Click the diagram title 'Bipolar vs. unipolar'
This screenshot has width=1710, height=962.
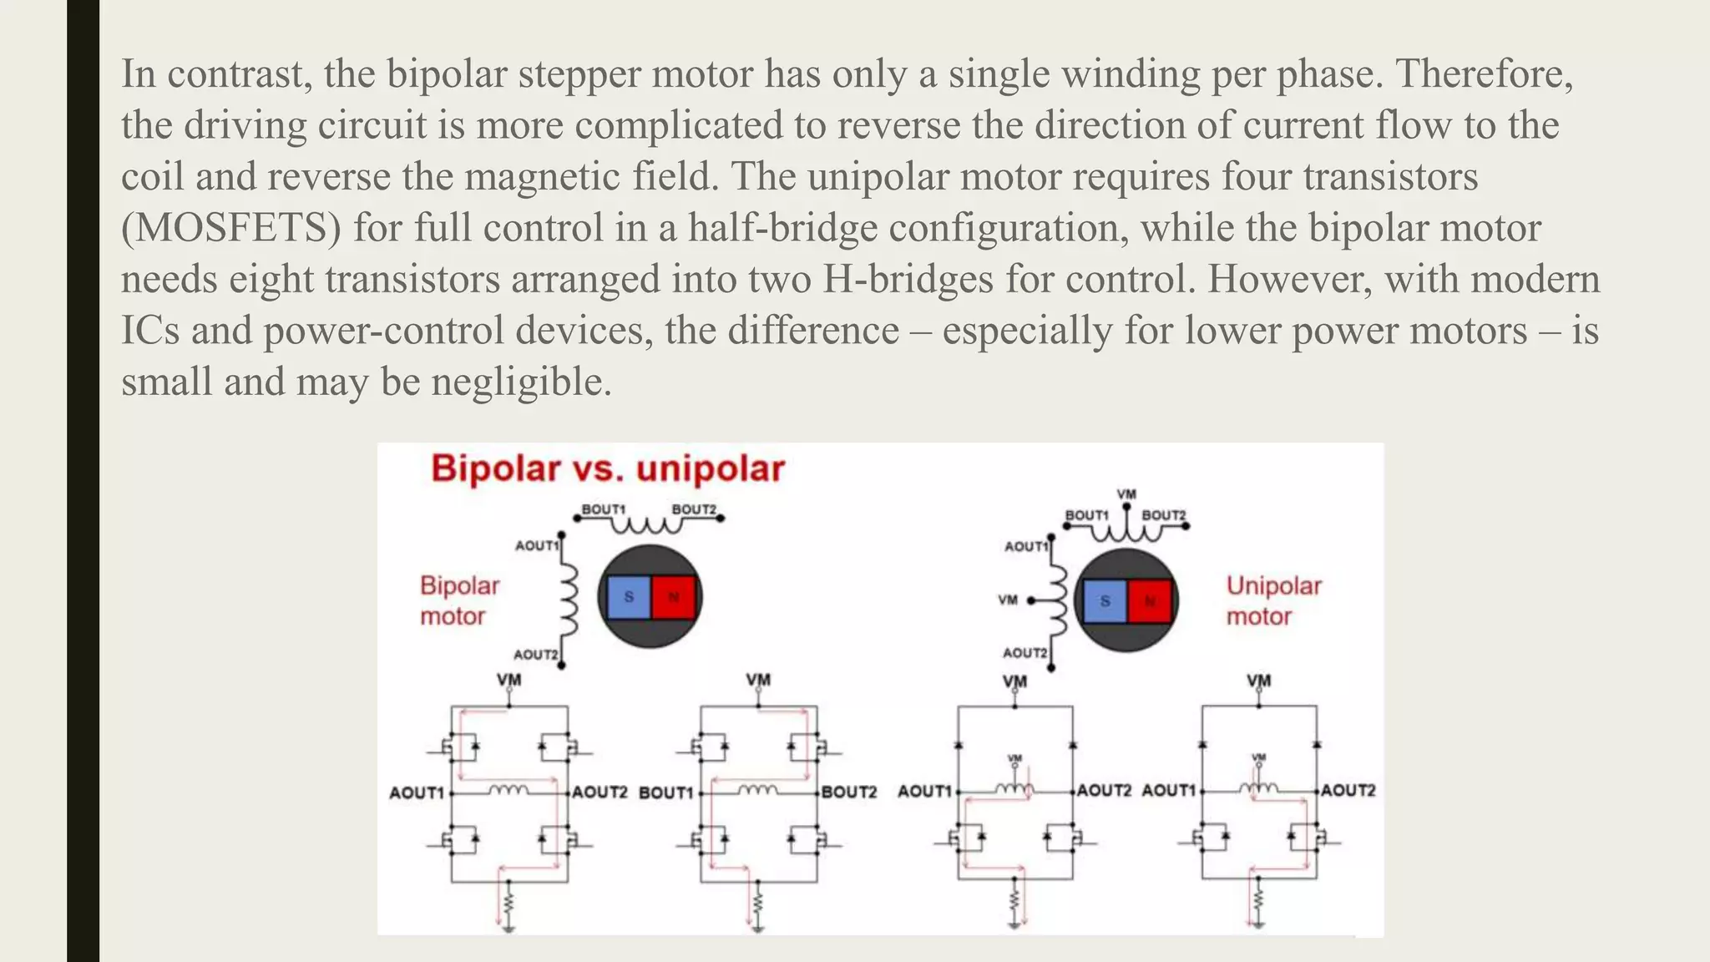(x=607, y=468)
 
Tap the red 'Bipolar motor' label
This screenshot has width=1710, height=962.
(x=458, y=600)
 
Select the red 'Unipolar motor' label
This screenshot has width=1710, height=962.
(x=1273, y=600)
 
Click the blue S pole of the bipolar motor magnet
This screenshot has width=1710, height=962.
(x=629, y=597)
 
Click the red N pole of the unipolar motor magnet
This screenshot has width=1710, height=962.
(x=1150, y=600)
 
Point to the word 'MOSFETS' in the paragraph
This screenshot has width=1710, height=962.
(x=231, y=228)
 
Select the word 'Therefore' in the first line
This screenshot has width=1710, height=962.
(x=1483, y=73)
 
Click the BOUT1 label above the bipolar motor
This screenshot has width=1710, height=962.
(x=603, y=509)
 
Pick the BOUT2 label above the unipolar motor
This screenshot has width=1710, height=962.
(x=1163, y=515)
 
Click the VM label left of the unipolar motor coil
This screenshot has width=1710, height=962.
(x=1008, y=600)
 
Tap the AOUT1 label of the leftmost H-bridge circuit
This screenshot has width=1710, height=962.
(x=416, y=792)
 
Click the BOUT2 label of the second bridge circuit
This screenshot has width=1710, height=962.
(x=849, y=792)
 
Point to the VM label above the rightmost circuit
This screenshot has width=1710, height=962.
(x=1258, y=681)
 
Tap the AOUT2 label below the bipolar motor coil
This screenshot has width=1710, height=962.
(x=535, y=654)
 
